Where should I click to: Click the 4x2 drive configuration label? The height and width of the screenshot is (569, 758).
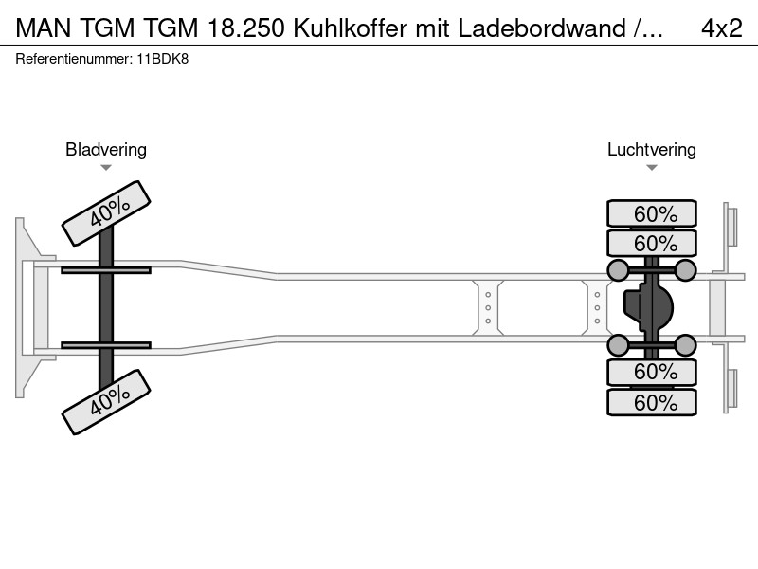click(721, 28)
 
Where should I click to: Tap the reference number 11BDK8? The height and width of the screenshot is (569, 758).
click(163, 59)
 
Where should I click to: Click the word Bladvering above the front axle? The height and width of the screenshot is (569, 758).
click(106, 150)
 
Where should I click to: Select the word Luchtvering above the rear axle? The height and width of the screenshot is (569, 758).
click(651, 150)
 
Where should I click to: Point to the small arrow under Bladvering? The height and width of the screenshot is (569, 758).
click(106, 168)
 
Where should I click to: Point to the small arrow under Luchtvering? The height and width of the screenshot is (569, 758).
click(652, 168)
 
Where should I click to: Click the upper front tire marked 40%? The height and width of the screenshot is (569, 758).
click(106, 213)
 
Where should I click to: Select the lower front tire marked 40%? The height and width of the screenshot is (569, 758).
click(106, 402)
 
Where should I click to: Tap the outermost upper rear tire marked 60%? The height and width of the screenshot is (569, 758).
click(652, 213)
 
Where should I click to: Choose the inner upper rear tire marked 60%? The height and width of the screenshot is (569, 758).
click(652, 243)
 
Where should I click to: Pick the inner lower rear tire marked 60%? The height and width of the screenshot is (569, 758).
click(652, 372)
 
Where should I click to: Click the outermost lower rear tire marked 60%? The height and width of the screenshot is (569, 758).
click(652, 402)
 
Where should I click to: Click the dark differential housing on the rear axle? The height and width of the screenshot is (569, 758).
click(648, 307)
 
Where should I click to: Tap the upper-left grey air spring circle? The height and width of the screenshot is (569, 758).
click(618, 270)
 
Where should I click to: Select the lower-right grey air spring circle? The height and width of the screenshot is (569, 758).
click(685, 345)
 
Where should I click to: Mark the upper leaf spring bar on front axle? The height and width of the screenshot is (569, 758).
click(106, 270)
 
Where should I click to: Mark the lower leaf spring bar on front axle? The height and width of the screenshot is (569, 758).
click(106, 345)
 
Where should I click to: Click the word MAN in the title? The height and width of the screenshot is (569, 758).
click(44, 28)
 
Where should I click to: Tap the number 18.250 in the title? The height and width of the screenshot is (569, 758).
click(245, 28)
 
